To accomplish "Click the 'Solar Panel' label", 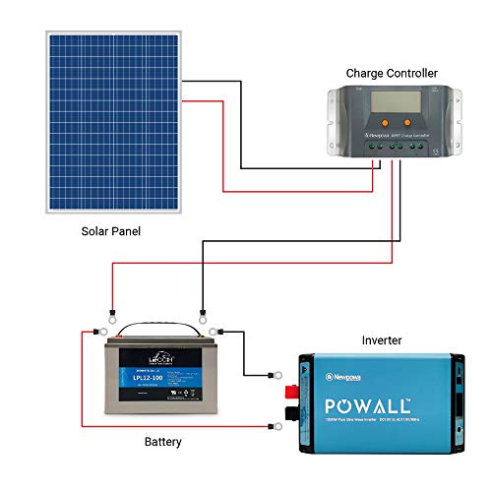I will [x=111, y=230].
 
